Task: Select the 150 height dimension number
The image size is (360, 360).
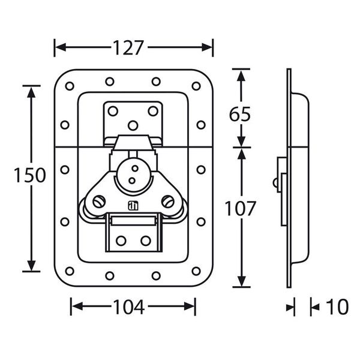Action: [31, 176]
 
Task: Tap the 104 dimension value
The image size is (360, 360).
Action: [129, 308]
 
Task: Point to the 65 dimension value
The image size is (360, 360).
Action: [240, 114]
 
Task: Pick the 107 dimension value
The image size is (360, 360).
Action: [241, 208]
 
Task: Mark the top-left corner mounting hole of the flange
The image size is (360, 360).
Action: [70, 86]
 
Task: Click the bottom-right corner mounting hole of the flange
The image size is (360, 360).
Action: [196, 271]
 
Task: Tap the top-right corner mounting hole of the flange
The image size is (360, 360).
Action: [196, 86]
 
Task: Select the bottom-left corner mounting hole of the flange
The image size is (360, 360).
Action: [70, 271]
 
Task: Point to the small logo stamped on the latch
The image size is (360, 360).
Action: [133, 206]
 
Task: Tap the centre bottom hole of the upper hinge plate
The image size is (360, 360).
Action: [133, 125]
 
